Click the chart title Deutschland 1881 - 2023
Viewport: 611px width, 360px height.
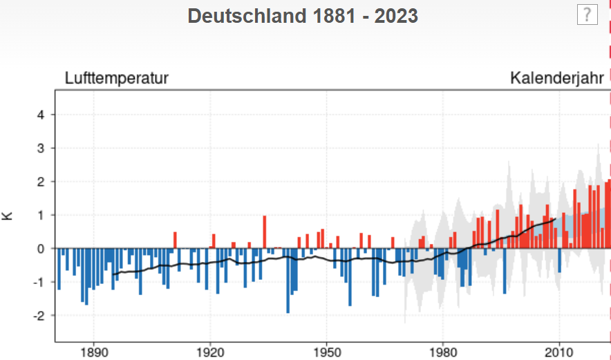pos(303,16)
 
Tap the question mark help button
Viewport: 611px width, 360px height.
pos(587,15)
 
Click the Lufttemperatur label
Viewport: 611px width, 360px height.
pos(117,78)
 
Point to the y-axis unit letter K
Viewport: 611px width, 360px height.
pos(8,216)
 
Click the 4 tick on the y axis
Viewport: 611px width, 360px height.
pos(41,115)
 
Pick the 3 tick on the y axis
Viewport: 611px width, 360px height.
pos(41,149)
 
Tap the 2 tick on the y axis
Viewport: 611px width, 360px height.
pos(41,182)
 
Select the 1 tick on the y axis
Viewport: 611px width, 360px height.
pos(41,215)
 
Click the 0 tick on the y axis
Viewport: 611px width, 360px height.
pos(41,249)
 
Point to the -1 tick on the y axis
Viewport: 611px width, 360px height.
pos(39,282)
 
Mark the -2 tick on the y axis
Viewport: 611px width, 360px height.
pos(39,315)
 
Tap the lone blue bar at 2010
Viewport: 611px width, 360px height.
pos(559,260)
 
